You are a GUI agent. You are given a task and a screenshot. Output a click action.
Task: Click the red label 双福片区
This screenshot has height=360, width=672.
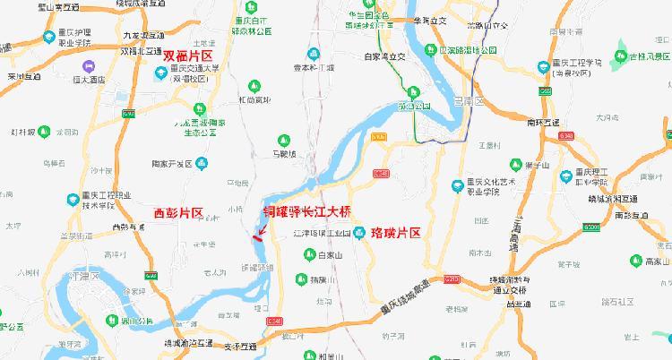194,56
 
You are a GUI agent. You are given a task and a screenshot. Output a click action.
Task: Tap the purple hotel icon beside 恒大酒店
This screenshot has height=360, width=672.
90,65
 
